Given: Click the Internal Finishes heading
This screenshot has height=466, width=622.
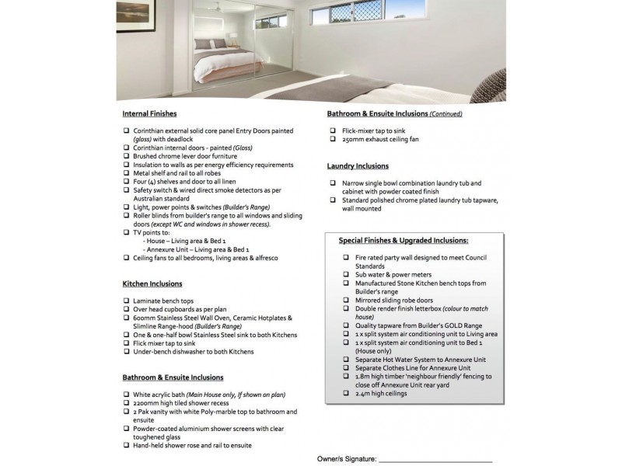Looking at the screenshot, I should [x=149, y=113].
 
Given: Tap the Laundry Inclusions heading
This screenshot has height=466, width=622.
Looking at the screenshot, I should [x=358, y=166].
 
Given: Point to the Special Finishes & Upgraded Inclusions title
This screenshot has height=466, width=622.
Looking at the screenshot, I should [x=403, y=241].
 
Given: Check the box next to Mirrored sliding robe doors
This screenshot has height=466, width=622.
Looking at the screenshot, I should [x=345, y=300].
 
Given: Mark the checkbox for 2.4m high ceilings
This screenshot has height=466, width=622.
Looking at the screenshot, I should [x=345, y=394].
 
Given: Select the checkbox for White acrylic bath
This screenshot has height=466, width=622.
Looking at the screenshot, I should [x=126, y=395].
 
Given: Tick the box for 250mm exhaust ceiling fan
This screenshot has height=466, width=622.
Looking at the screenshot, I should [x=333, y=139].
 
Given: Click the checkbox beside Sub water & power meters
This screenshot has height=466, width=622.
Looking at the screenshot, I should [x=345, y=275].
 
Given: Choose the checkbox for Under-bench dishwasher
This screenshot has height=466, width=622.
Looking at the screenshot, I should [x=126, y=352].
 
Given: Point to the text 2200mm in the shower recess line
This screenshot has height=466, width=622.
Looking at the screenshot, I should [x=145, y=403].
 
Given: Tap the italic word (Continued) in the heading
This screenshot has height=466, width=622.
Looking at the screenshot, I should [x=446, y=113].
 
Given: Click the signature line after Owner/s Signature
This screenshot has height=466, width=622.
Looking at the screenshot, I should [x=435, y=461].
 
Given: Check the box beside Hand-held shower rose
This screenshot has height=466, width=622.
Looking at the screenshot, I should [x=126, y=445].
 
